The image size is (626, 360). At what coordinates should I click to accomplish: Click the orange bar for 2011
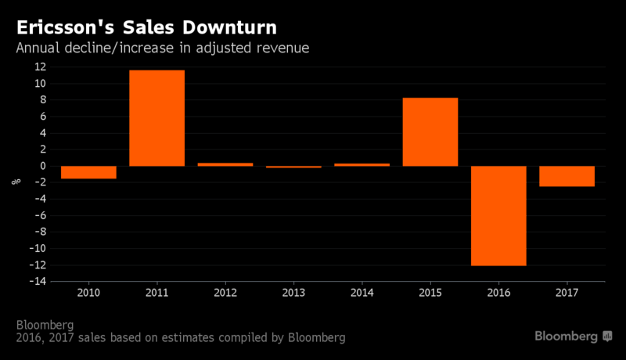[157, 118]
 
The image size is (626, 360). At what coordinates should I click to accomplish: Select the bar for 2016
[498, 216]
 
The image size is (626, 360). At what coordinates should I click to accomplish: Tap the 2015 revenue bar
[430, 132]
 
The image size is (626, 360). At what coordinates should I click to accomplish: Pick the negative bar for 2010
[88, 172]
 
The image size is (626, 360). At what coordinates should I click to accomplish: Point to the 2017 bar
[567, 176]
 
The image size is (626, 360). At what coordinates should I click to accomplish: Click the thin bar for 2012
[225, 164]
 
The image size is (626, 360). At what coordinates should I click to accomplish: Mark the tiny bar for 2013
[294, 167]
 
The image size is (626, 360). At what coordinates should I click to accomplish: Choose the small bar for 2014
[362, 164]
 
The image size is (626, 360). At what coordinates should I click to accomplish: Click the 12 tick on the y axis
[41, 67]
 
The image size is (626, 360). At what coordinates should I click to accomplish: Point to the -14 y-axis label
[38, 281]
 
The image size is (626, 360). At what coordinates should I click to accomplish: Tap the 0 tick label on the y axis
[43, 166]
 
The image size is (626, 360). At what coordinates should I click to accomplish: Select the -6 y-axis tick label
[41, 215]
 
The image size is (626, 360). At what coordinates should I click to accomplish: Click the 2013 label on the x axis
[293, 293]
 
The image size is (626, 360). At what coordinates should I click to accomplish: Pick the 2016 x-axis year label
[498, 293]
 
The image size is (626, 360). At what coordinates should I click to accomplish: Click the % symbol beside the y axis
[16, 182]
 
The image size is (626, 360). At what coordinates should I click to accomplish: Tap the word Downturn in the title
[229, 27]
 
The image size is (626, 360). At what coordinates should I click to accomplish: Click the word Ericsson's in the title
[66, 27]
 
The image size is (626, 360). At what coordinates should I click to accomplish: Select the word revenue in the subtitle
[282, 49]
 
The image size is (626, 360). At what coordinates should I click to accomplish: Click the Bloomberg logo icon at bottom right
[607, 336]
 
